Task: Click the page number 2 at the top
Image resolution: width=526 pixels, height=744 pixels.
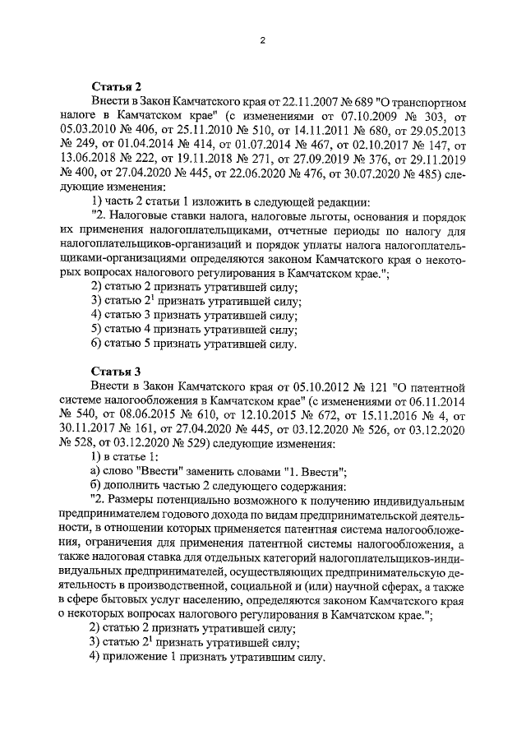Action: [261, 40]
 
